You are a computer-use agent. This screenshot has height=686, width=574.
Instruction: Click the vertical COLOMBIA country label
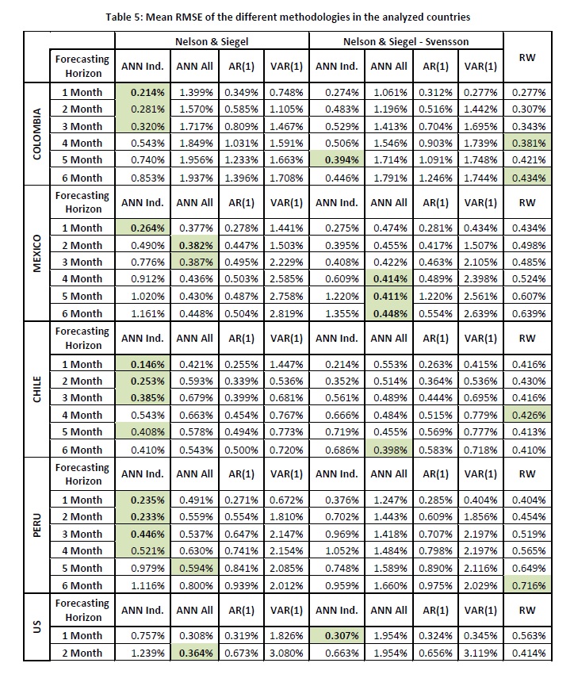[36, 135]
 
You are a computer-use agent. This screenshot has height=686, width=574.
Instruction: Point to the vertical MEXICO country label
[36, 254]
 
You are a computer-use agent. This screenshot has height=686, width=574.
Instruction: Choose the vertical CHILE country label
[36, 389]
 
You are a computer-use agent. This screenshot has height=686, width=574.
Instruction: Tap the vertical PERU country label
[36, 525]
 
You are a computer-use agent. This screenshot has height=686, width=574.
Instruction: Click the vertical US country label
[36, 627]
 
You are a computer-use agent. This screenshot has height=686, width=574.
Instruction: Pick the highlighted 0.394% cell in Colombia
[338, 160]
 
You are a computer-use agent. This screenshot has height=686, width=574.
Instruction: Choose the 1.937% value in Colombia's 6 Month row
[193, 178]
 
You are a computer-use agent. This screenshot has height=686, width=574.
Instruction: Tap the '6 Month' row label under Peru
[82, 584]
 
